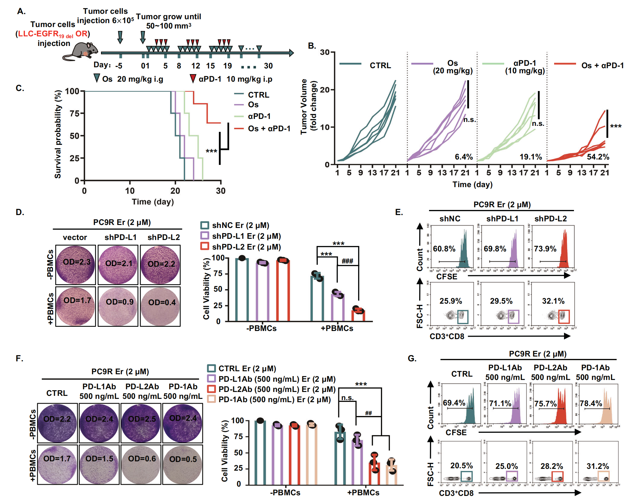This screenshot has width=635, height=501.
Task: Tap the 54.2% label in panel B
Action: [x=598, y=157]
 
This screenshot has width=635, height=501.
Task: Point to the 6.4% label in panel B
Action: [x=464, y=157]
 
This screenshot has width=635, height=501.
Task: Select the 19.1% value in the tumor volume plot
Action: [x=531, y=157]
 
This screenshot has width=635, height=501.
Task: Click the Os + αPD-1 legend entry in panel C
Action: [x=269, y=129]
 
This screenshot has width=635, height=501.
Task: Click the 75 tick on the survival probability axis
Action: [x=74, y=114]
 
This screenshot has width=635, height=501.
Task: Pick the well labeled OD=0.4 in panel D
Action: [x=160, y=306]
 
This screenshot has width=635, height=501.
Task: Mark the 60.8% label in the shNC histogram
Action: [x=444, y=249]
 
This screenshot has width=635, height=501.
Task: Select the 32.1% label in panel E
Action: [x=553, y=301]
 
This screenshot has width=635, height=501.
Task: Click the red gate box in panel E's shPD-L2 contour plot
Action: [x=564, y=317]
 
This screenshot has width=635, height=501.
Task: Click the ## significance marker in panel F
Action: [x=368, y=413]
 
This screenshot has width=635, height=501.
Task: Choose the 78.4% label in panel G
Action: [x=591, y=403]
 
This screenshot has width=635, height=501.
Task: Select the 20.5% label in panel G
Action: [x=462, y=466]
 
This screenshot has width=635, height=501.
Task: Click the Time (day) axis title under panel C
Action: [x=153, y=202]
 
